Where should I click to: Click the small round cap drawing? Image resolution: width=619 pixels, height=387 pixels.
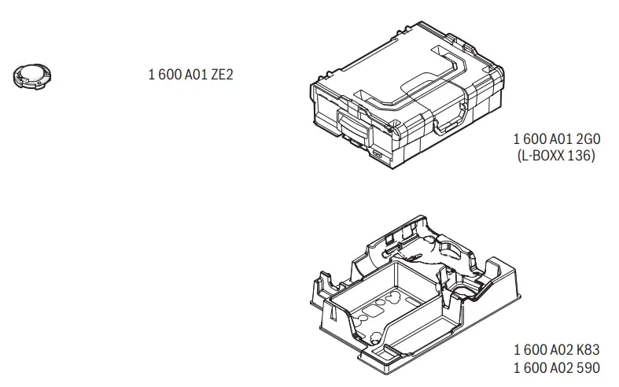32,76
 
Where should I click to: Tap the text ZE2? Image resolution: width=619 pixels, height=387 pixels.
222,74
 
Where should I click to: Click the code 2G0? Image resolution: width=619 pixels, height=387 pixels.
588,139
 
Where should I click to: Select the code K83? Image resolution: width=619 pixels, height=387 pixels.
588,350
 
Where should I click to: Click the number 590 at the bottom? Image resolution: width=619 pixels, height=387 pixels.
588,368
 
